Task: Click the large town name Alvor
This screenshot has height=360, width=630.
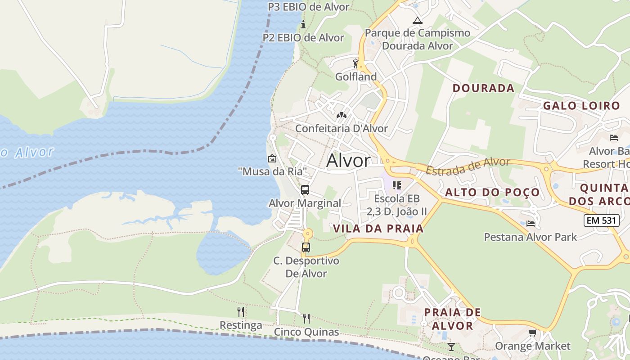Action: [348, 161]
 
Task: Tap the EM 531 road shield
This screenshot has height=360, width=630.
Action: [599, 220]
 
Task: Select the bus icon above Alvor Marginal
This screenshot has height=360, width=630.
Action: [305, 189]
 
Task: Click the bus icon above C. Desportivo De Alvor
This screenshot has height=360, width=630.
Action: [306, 247]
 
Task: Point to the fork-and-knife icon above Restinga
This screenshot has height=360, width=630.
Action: [241, 311]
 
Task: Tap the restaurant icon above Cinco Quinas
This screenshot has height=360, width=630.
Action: [306, 319]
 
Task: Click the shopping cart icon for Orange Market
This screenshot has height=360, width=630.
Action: [532, 333]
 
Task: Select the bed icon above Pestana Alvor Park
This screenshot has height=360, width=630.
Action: [531, 223]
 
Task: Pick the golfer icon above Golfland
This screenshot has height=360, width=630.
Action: [355, 63]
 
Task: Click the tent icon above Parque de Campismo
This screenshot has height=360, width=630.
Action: [418, 20]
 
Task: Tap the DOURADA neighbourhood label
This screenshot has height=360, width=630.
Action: [483, 88]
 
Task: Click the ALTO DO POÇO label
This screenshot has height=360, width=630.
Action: [492, 193]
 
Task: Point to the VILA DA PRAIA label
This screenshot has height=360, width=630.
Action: [378, 229]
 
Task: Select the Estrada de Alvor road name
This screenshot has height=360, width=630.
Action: [468, 166]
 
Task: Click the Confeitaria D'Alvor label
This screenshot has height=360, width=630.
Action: [341, 128]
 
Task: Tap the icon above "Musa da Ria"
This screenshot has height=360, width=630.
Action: [272, 158]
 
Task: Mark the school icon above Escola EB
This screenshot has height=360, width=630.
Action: [396, 185]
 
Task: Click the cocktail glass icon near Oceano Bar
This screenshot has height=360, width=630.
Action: [451, 346]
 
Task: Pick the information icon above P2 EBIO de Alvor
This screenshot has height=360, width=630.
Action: [303, 24]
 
